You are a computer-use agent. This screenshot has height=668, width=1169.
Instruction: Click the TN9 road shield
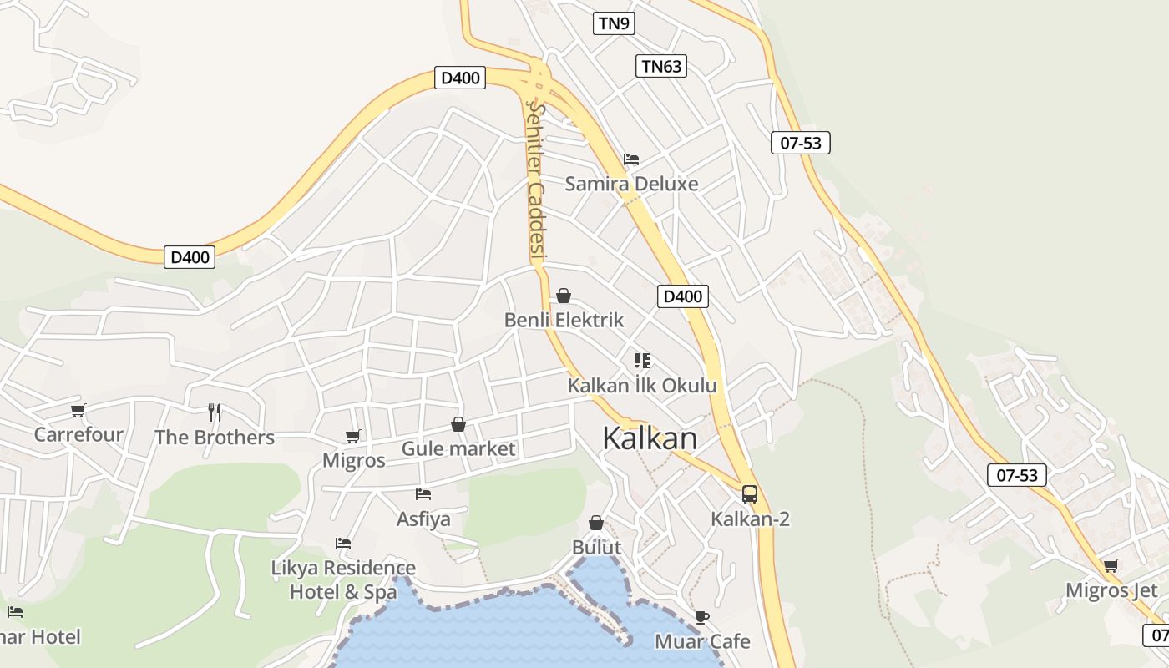point(614,23)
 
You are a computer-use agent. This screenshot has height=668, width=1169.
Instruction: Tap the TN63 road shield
point(661,66)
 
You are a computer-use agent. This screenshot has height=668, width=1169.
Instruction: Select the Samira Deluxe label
point(631,184)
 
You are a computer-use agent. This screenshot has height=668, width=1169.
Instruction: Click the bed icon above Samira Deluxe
point(631,159)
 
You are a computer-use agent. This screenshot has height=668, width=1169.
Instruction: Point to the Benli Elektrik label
point(564,320)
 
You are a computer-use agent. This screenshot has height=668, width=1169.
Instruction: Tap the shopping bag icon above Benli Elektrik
point(564,296)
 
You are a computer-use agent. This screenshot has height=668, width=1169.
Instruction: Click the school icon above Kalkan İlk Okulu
point(642,361)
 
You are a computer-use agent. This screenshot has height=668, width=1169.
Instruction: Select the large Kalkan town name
point(649,438)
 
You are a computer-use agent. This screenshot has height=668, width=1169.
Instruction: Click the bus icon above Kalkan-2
point(750,494)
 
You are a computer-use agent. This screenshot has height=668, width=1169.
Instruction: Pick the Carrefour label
point(78,434)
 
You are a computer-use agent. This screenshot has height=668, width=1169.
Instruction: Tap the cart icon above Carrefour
point(78,410)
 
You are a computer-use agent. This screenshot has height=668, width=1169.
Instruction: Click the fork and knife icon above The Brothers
point(215,412)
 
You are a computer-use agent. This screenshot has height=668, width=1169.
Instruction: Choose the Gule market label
point(458,449)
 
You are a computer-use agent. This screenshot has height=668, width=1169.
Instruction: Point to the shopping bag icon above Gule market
point(458,425)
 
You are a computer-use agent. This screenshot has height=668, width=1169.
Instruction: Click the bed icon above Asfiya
point(423,494)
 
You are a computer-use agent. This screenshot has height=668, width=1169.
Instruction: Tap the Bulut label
point(596,548)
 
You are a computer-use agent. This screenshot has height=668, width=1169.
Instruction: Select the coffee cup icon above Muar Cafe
point(702,618)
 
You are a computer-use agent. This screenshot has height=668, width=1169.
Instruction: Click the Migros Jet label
point(1111,591)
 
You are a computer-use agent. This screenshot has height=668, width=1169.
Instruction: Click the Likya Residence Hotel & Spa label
point(343,579)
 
